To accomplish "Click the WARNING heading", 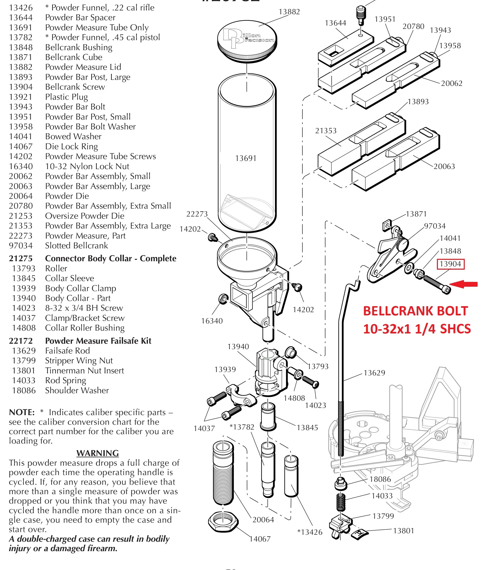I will point(98,453).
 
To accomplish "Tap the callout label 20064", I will point(263,520).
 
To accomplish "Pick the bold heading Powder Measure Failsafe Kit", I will point(98,341).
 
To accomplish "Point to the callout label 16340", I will point(212,321).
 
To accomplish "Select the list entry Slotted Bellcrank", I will point(76,246).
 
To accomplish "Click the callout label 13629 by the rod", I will point(374,373).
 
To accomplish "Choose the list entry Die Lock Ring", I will point(71,146).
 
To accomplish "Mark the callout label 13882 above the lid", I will point(289,12).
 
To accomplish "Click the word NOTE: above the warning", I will point(22,412).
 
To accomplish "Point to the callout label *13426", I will point(310,532).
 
